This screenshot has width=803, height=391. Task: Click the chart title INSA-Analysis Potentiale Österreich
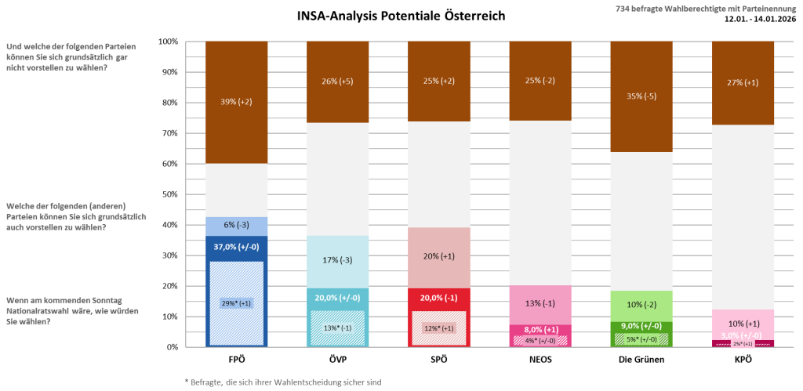pyautogui.click(x=401, y=16)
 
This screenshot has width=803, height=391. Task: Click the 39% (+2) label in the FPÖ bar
pyautogui.click(x=237, y=103)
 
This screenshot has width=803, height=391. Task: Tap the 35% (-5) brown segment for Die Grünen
pyautogui.click(x=641, y=96)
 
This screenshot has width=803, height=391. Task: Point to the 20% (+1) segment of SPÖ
pyautogui.click(x=439, y=256)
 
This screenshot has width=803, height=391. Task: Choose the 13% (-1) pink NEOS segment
pyautogui.click(x=540, y=304)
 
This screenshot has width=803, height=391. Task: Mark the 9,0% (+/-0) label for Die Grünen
pyautogui.click(x=641, y=326)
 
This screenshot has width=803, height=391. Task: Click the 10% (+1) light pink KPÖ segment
pyautogui.click(x=743, y=324)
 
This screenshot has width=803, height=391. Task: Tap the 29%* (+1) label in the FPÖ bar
pyautogui.click(x=237, y=302)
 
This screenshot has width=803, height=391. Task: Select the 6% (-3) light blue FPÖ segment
pyautogui.click(x=237, y=226)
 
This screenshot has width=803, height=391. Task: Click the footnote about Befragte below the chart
pyautogui.click(x=282, y=382)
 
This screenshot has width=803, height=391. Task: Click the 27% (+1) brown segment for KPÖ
pyautogui.click(x=743, y=82)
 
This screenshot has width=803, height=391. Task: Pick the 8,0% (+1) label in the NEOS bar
pyautogui.click(x=540, y=330)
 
